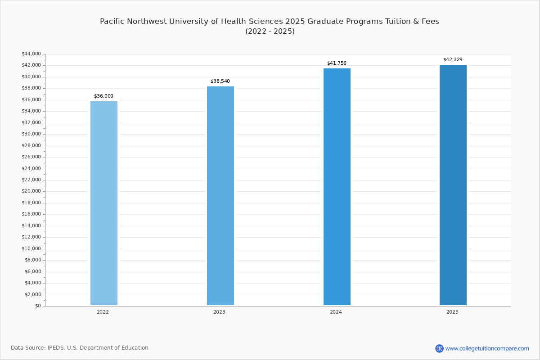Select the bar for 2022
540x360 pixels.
click(x=104, y=203)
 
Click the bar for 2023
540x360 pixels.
click(x=220, y=196)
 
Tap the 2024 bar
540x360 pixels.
click(x=337, y=187)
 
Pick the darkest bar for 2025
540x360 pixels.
click(x=453, y=185)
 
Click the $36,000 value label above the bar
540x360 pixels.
click(x=103, y=96)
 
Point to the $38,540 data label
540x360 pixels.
click(x=220, y=81)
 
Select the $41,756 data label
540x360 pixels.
click(x=337, y=63)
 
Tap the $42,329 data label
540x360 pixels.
click(x=453, y=59)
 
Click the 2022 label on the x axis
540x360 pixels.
click(x=103, y=312)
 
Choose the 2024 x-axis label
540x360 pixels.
click(x=336, y=312)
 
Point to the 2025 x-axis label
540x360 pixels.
click(x=452, y=312)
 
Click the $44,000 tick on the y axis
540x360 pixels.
click(x=31, y=54)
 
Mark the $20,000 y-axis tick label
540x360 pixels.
click(x=31, y=191)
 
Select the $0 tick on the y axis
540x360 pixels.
click(x=38, y=306)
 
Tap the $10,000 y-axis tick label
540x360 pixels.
click(x=31, y=248)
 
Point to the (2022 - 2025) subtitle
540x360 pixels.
click(x=270, y=31)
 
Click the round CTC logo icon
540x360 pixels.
click(x=439, y=348)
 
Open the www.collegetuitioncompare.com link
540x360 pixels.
click(x=487, y=348)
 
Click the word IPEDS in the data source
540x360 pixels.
click(x=56, y=348)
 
